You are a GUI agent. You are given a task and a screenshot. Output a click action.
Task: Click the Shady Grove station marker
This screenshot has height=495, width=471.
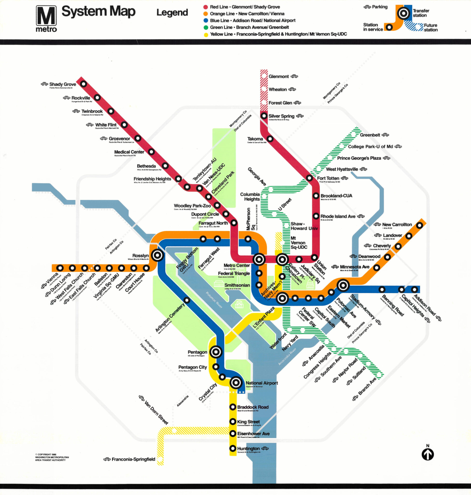tap(83, 84)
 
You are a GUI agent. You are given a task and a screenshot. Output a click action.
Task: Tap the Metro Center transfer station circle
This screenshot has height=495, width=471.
tap(259, 259)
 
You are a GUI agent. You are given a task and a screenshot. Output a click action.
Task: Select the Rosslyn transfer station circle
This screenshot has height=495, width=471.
tap(157, 255)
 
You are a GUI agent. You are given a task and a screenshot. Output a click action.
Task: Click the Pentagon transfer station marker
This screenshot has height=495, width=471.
tap(216, 352)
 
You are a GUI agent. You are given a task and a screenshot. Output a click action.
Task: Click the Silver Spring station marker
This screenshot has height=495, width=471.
tap(264, 116)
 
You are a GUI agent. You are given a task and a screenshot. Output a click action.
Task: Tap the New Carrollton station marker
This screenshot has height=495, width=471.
tap(420, 225)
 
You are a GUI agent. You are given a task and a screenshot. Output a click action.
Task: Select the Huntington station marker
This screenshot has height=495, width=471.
tap(233, 448)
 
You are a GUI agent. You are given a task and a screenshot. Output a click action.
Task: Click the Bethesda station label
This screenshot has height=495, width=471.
tap(146, 166)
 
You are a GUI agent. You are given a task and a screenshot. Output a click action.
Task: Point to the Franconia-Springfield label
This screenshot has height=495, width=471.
tap(133, 459)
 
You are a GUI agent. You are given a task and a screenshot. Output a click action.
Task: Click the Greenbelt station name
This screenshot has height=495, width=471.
tap(370, 135)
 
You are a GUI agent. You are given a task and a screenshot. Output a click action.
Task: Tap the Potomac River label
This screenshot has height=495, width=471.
tap(214, 300)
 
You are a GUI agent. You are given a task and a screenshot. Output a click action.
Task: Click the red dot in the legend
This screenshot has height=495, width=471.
tap(206, 7)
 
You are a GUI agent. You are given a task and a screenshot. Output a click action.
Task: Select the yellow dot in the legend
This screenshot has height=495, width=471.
tap(206, 35)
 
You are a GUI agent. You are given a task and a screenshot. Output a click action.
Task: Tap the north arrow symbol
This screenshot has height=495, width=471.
tap(428, 454)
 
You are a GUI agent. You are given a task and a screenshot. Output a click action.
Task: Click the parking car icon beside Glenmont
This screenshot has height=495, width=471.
tap(294, 76)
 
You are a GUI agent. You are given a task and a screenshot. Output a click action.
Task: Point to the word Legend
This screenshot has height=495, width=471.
tap(172, 12)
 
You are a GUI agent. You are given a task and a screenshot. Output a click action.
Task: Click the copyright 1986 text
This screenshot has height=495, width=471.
tap(52, 457)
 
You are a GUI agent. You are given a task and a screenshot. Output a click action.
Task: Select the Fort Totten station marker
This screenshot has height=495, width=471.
tap(309, 178)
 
